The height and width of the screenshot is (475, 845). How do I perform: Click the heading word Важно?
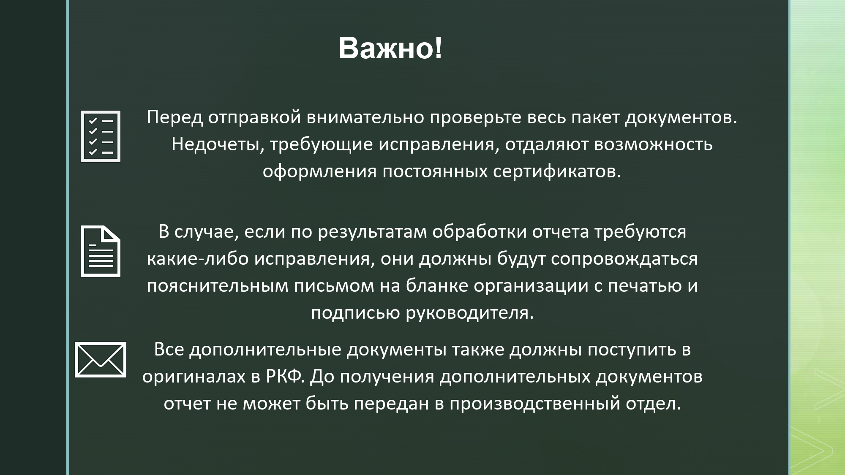point(390,48)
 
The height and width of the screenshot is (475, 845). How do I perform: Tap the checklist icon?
point(101,136)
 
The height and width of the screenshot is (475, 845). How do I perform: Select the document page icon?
point(101,252)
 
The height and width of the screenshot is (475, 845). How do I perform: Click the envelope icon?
point(101,360)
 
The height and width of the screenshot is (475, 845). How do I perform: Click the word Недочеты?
point(218,144)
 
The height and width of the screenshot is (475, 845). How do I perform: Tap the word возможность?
point(653,144)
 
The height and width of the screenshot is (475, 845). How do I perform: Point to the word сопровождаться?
point(624,259)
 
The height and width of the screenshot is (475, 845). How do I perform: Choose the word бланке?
point(437,286)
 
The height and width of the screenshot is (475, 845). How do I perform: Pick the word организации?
point(531,286)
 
